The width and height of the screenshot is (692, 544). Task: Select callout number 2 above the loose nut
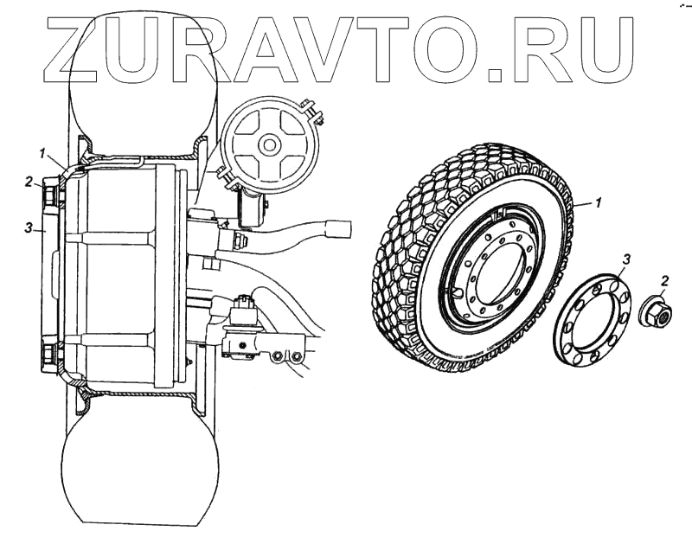664,279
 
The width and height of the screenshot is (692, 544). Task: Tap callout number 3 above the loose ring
627,259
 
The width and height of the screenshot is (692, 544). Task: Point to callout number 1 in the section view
41,153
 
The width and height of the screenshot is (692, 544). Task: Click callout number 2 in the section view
29,182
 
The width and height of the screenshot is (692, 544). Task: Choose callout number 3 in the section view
29,228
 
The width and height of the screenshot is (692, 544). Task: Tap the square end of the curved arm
337,228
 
